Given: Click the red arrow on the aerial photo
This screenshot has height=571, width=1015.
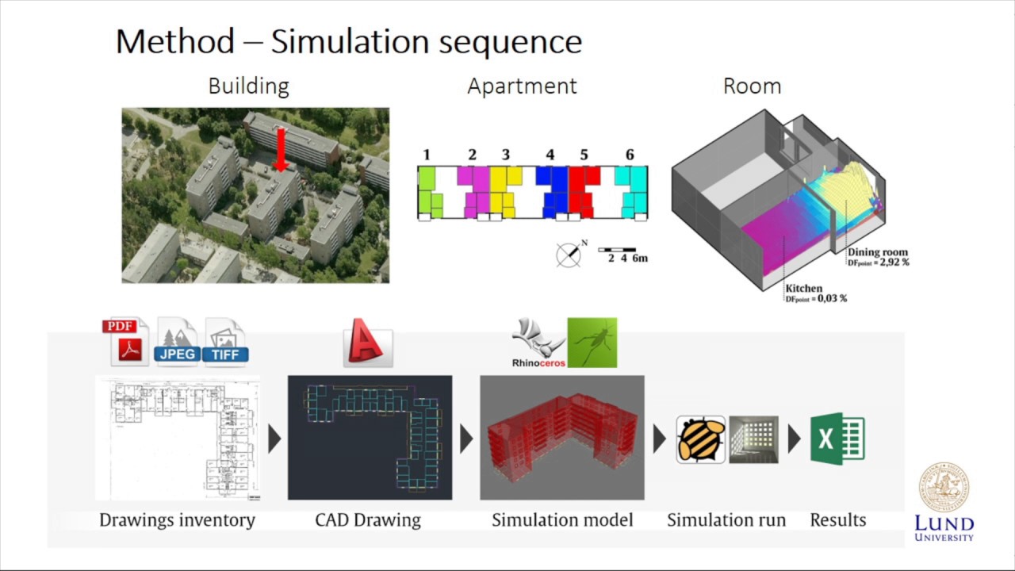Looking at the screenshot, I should [x=278, y=151].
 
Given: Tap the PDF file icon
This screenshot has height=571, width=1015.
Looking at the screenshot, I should [x=125, y=342].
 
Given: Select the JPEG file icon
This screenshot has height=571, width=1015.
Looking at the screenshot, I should [x=178, y=342].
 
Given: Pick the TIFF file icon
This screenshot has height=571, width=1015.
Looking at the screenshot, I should [x=225, y=342].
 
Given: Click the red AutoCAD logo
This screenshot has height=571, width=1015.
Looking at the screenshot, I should [x=367, y=343].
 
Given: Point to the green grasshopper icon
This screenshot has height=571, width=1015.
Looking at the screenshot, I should [x=592, y=343].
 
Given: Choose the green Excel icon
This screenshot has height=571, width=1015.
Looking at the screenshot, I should [x=837, y=439].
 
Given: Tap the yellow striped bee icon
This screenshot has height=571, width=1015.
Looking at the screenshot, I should [x=700, y=439].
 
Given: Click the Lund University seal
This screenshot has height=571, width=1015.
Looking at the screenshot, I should [x=944, y=488].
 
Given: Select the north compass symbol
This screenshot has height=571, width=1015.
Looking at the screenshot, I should [x=569, y=254].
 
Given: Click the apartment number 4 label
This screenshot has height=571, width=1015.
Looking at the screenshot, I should [x=550, y=155].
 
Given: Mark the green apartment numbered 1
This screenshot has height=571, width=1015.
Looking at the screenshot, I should [x=429, y=193].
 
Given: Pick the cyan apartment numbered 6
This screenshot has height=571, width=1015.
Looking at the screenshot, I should [x=631, y=193].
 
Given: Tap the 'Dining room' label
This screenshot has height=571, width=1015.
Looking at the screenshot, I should [x=877, y=252].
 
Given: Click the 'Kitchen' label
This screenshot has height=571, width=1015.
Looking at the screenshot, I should [x=803, y=289].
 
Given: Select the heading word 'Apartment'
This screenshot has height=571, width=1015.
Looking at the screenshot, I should [x=522, y=86].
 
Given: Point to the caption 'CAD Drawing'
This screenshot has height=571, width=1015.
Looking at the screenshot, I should [x=368, y=520].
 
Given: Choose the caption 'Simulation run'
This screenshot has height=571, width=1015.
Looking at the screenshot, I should [x=726, y=520].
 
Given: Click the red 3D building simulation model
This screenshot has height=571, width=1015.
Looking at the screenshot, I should [x=561, y=439].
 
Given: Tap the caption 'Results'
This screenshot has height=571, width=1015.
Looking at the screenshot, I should [x=837, y=520].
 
